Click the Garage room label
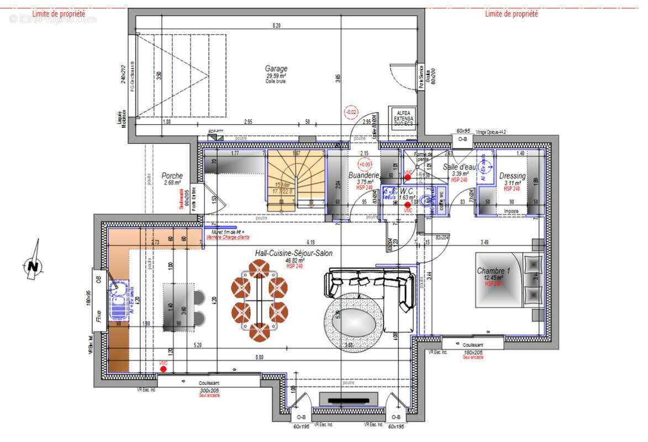(x=276, y=69)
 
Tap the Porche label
(x=172, y=176)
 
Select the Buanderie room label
(x=363, y=176)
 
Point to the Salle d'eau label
(x=460, y=167)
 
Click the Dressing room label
(x=513, y=176)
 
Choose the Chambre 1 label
(x=494, y=271)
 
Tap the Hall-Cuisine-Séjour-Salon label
(x=293, y=253)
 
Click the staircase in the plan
(x=296, y=177)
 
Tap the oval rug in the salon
(x=353, y=321)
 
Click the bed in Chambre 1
(x=508, y=280)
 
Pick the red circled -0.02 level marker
(x=351, y=112)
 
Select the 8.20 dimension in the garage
(x=276, y=25)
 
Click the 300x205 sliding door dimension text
(x=209, y=390)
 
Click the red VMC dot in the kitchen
(x=163, y=368)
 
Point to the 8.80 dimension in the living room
(x=259, y=357)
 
